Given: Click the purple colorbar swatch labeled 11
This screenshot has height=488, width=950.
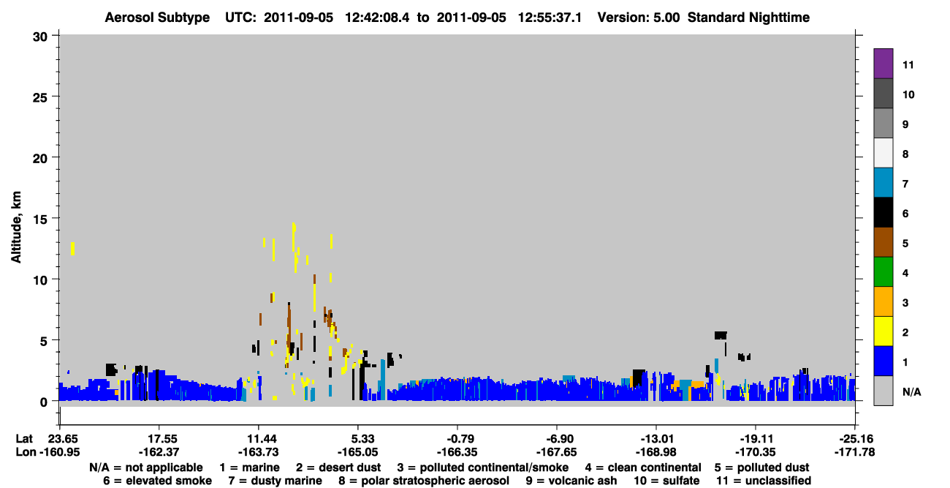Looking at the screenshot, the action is coord(883,63).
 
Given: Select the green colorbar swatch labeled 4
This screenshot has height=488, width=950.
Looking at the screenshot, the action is coord(883,272).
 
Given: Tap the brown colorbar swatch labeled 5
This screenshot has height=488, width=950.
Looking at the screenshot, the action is coord(883,242).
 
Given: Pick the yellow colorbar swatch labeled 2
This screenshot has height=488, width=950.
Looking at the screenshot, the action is coord(883,331).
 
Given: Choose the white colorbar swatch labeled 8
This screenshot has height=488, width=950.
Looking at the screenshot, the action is coord(883,153).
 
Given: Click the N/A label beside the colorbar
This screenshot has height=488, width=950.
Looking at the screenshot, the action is coord(911,391).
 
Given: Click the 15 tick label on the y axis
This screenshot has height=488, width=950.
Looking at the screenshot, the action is coord(40,219).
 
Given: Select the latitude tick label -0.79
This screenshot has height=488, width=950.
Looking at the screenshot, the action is coord(457,439).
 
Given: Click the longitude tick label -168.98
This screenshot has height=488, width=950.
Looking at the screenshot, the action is coord(655,452).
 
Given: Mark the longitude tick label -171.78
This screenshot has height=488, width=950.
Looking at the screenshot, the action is coord(854,452).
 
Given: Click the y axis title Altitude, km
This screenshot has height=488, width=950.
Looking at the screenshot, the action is coord(15,228).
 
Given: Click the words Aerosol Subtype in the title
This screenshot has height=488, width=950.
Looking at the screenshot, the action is coord(157,18).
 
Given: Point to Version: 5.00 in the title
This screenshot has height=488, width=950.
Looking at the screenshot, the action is coord(638,18).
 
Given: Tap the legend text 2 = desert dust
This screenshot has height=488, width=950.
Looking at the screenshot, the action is coord(338,468).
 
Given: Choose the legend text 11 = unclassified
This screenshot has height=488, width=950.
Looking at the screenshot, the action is coord(764,481).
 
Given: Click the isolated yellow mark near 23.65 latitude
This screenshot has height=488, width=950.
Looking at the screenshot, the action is coord(72,249).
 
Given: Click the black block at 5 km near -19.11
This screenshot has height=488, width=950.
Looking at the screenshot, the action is coord(721,336).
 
